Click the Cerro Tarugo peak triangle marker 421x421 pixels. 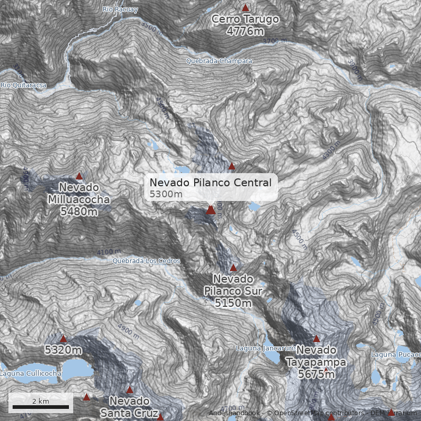click(x=245, y=8)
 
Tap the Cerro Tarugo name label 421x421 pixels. click(x=245, y=19)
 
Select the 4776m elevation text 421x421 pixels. click(x=245, y=31)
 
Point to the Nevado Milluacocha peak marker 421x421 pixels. click(x=79, y=176)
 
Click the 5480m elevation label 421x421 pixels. click(x=79, y=212)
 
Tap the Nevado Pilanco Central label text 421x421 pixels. click(x=210, y=183)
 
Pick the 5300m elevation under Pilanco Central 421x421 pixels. click(x=166, y=194)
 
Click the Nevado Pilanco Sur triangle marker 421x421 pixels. click(x=233, y=267)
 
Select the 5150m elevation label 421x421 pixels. click(x=233, y=303)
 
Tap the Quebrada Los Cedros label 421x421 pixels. click(x=146, y=261)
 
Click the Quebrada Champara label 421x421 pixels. click(x=219, y=61)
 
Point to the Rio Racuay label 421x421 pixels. click(x=121, y=9)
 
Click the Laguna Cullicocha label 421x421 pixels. click(x=31, y=374)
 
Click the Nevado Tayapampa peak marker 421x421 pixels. click(x=316, y=339)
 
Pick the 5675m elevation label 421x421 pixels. click(x=316, y=374)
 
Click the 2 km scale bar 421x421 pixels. click(x=41, y=407)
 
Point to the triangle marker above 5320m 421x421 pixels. click(x=63, y=338)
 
